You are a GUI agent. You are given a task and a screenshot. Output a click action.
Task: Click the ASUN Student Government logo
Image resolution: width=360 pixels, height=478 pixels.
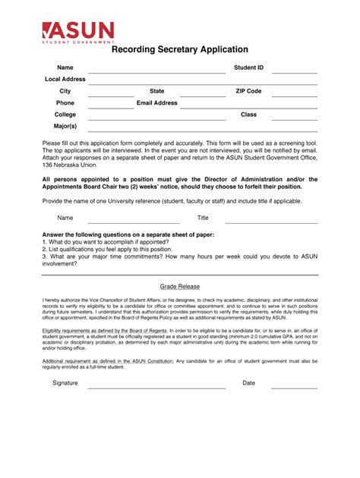pyautogui.click(x=78, y=32)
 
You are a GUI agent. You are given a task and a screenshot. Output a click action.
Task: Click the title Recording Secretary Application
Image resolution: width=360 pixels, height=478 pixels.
pyautogui.click(x=180, y=49)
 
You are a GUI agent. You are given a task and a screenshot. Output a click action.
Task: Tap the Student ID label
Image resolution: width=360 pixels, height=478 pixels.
pyautogui.click(x=248, y=68)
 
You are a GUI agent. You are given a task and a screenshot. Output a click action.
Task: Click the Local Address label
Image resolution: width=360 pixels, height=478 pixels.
pyautogui.click(x=65, y=79)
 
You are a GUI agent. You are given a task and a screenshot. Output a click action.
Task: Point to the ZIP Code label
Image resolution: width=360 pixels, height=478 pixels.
pyautogui.click(x=248, y=91)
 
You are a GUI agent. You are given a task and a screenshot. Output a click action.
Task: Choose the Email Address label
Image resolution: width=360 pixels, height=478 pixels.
pyautogui.click(x=157, y=102)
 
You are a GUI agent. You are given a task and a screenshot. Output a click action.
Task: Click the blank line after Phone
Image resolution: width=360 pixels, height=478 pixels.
pyautogui.click(x=111, y=107)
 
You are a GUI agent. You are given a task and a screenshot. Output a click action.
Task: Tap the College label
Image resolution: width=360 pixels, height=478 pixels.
pyautogui.click(x=65, y=115)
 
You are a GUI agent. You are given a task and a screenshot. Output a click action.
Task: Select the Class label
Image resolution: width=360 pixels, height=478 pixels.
pyautogui.click(x=248, y=115)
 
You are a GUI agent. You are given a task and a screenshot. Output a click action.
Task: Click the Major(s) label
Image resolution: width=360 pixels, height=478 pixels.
pyautogui.click(x=65, y=126)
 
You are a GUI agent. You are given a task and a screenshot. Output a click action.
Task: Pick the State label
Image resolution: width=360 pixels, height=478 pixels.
pyautogui.click(x=157, y=91)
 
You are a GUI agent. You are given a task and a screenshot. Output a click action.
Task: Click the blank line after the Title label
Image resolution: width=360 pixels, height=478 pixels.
pyautogui.click(x=270, y=222)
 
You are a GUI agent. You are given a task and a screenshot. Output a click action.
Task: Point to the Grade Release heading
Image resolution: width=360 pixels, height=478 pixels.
pyautogui.click(x=180, y=287)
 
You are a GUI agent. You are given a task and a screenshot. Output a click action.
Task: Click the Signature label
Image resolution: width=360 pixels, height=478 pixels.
pyautogui.click(x=65, y=383)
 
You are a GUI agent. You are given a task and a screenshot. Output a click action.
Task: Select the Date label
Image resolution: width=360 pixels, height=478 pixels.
pyautogui.click(x=248, y=383)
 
